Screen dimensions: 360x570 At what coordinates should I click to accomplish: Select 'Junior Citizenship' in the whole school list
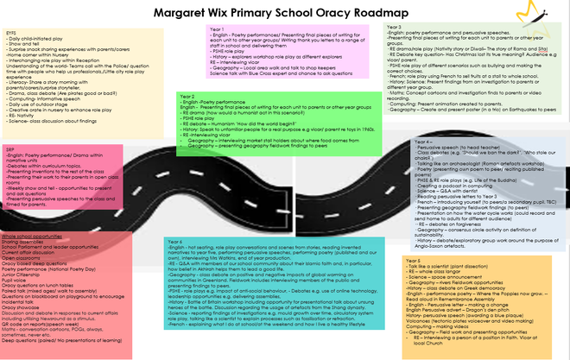point(22,275)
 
